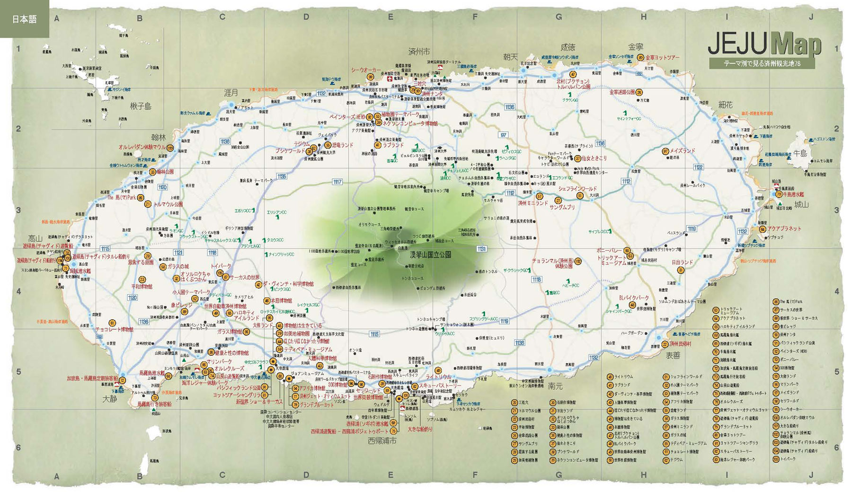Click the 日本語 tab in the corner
pyautogui.click(x=24, y=19)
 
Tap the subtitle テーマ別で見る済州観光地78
pyautogui.click(x=762, y=64)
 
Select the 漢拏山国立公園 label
pyautogui.click(x=430, y=255)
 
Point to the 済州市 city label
pyautogui.click(x=419, y=51)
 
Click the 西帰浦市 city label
pyautogui.click(x=382, y=441)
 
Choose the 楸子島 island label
pyautogui.click(x=141, y=106)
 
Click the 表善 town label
pyautogui.click(x=673, y=355)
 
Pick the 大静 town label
pyautogui.click(x=109, y=399)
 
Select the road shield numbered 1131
pyautogui.click(x=481, y=249)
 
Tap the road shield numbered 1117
pyautogui.click(x=337, y=182)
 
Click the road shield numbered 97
pyautogui.click(x=503, y=135)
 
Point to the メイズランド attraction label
pyautogui.click(x=682, y=151)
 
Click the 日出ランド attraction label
pyautogui.click(x=682, y=262)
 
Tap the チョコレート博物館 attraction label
pyautogui.click(x=114, y=329)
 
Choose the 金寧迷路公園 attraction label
pyautogui.click(x=621, y=92)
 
